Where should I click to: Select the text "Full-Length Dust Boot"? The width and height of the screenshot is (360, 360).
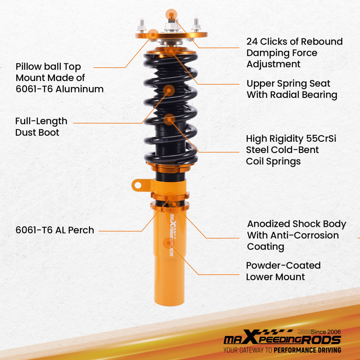coord(41,126)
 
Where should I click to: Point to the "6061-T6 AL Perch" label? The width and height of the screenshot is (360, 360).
coord(55,230)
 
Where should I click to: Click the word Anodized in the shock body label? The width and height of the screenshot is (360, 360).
coord(268,224)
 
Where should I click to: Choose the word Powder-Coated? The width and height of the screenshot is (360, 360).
coord(283,266)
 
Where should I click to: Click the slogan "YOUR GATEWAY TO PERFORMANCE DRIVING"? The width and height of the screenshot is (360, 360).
coord(282,350)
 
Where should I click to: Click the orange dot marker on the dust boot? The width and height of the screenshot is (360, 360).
coord(169,91)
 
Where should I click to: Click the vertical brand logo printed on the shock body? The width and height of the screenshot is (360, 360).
coord(172,234)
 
